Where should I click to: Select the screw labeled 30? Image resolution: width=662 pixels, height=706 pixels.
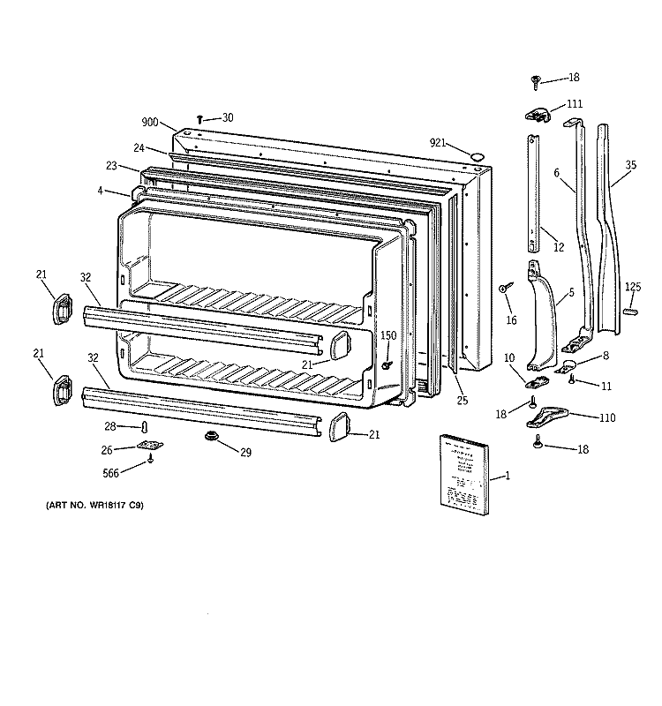(x=201, y=117)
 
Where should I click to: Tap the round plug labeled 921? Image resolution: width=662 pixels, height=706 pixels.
(x=478, y=156)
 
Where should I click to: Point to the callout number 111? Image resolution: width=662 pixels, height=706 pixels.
(x=574, y=104)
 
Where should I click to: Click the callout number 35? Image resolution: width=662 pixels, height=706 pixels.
(x=630, y=164)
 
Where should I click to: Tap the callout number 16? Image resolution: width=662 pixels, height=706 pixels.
(x=511, y=319)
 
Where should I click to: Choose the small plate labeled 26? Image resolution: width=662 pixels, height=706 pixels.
(x=150, y=447)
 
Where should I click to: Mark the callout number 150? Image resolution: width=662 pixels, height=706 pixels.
(x=388, y=335)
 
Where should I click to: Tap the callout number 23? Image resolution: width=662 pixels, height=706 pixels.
(x=111, y=164)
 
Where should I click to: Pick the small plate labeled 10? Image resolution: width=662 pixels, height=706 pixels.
(x=535, y=382)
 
